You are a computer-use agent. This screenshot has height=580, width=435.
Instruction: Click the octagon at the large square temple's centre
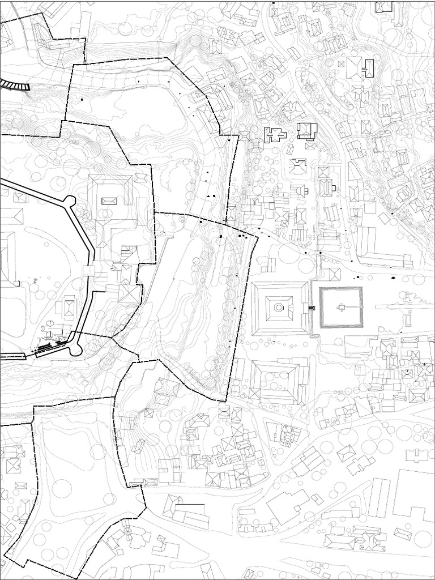point(279,308)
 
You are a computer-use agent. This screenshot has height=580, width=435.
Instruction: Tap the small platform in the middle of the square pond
point(342,307)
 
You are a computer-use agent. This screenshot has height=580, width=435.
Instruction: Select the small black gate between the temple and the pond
point(311,308)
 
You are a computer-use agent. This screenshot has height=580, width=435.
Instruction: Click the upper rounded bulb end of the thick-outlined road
point(70,201)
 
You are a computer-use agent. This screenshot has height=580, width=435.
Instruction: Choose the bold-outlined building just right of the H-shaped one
point(306,130)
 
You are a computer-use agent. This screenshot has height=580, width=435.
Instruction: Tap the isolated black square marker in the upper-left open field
point(82,100)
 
